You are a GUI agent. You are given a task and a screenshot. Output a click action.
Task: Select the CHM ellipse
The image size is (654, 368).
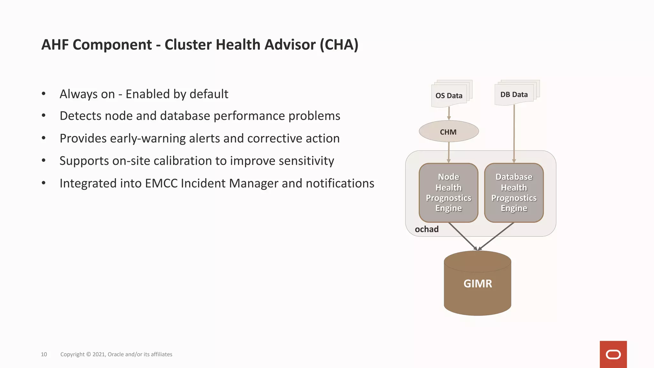[x=449, y=131]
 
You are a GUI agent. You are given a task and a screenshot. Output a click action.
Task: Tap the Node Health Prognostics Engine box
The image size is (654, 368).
[x=448, y=193]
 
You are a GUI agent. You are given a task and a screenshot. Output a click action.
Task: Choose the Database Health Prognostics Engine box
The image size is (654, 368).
[x=514, y=193]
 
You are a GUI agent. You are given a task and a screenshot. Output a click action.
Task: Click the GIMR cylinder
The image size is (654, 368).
[x=477, y=284]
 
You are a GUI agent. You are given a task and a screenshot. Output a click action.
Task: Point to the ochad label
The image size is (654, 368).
[x=427, y=229]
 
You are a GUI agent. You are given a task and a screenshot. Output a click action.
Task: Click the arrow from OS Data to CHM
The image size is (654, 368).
[x=449, y=113]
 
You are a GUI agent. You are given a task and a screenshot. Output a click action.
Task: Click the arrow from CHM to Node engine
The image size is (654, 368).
[x=449, y=152]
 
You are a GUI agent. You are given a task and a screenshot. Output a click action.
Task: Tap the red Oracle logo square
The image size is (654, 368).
[x=613, y=354]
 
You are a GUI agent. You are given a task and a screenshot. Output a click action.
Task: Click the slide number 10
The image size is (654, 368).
[x=44, y=354]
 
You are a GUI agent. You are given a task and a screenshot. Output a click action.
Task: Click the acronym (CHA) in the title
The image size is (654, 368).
[x=339, y=45]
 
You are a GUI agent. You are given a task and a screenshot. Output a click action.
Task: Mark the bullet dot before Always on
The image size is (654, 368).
[x=43, y=94]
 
